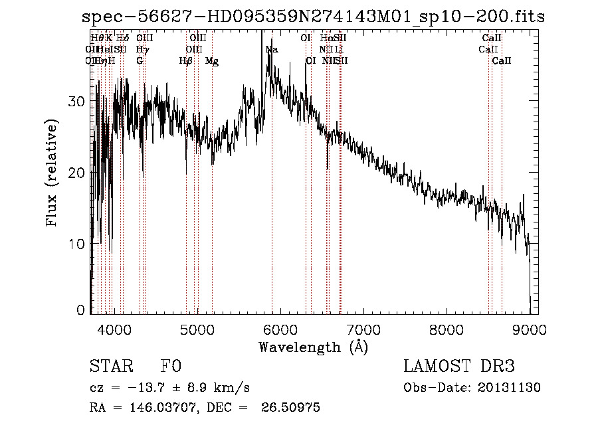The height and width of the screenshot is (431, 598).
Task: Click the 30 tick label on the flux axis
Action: [78, 102]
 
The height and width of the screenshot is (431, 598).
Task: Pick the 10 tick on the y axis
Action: [78, 244]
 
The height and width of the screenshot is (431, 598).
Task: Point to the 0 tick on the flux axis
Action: [82, 310]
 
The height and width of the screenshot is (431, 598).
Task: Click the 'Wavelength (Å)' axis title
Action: [313, 346]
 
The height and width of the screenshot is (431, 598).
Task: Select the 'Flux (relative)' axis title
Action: [52, 173]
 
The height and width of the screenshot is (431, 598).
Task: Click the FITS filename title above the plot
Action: [312, 17]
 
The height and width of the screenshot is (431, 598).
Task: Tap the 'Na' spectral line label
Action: [272, 50]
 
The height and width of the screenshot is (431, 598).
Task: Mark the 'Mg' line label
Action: [212, 61]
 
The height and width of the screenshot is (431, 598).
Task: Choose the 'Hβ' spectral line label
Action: [186, 61]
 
